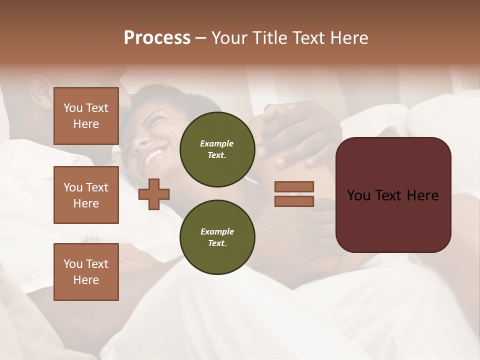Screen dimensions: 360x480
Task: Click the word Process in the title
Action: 157,38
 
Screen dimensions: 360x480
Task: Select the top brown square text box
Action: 86,116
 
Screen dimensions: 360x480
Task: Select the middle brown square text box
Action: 86,195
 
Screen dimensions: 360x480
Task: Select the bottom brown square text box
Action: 86,272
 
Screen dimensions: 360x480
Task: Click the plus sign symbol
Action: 154,194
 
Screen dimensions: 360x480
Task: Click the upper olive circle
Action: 217,149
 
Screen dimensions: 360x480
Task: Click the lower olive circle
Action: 217,237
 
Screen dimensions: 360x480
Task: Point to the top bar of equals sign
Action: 294,187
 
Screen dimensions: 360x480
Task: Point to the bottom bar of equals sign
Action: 294,201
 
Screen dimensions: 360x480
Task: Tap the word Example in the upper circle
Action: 217,143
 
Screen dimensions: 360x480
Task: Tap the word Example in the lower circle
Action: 217,231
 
